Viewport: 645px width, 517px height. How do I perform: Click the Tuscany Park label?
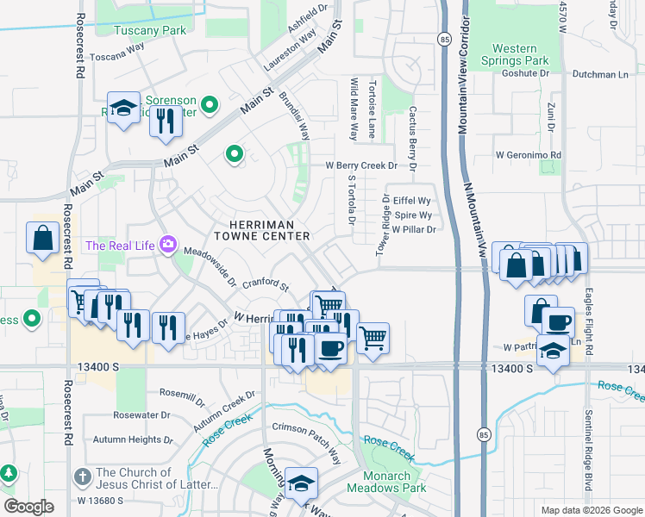point(150,29)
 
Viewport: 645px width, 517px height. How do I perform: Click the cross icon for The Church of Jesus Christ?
point(82,476)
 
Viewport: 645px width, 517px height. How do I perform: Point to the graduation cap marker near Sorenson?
point(124,109)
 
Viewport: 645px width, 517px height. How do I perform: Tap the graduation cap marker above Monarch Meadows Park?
point(301,484)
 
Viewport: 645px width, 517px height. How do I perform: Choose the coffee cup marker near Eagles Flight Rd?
point(557,322)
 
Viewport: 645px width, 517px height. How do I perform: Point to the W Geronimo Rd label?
point(528,155)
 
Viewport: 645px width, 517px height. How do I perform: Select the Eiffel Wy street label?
point(412,200)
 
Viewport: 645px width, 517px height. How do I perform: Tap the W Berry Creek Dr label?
point(360,165)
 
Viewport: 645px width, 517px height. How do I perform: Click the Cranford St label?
point(265,283)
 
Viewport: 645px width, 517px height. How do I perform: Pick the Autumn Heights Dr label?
point(139,439)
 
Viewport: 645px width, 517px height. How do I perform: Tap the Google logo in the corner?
point(28,507)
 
